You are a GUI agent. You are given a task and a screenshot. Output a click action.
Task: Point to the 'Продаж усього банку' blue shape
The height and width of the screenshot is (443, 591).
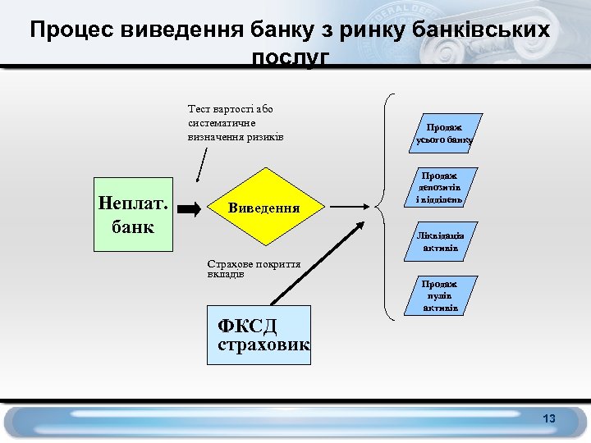444,133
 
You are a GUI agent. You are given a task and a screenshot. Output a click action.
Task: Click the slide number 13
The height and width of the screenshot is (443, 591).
549,419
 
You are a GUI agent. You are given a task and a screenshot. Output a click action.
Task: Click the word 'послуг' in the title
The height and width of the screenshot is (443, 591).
291,59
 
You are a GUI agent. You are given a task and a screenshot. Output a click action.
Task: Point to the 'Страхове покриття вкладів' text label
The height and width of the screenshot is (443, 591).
253,269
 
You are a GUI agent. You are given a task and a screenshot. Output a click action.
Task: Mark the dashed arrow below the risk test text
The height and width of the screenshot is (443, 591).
201,162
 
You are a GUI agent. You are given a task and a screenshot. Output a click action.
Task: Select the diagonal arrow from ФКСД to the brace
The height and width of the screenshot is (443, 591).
316,263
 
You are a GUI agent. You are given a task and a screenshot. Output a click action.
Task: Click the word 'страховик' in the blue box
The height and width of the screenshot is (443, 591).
263,345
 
